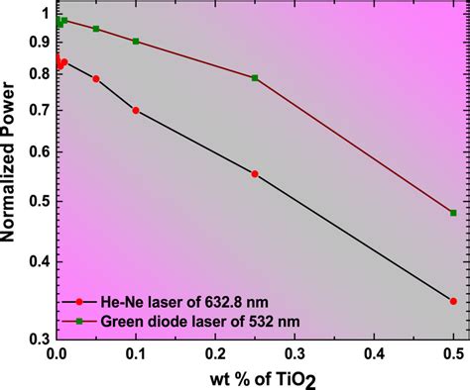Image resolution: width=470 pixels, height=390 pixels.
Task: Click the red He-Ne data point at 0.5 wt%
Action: [453, 301]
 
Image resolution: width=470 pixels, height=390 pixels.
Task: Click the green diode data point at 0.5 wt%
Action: [453, 213]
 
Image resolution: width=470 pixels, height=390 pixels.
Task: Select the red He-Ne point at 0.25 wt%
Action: [255, 174]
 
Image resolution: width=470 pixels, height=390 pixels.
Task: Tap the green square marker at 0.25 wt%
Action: [255, 78]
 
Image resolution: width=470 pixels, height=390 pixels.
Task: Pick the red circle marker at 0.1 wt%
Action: [136, 110]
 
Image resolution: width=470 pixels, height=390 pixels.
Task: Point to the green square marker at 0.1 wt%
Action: [136, 42]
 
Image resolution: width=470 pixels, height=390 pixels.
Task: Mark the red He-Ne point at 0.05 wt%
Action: [96, 79]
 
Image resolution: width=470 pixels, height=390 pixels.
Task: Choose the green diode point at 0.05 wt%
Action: [96, 29]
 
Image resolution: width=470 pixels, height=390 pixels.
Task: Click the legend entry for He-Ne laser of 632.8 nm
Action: [178, 302]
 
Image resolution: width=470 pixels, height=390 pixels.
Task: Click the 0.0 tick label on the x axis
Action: [58, 353]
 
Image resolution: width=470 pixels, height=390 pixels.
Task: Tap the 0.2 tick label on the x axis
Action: [215, 353]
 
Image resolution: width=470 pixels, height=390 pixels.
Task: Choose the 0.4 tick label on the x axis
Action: [374, 353]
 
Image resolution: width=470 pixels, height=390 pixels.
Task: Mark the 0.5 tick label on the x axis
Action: [452, 353]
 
